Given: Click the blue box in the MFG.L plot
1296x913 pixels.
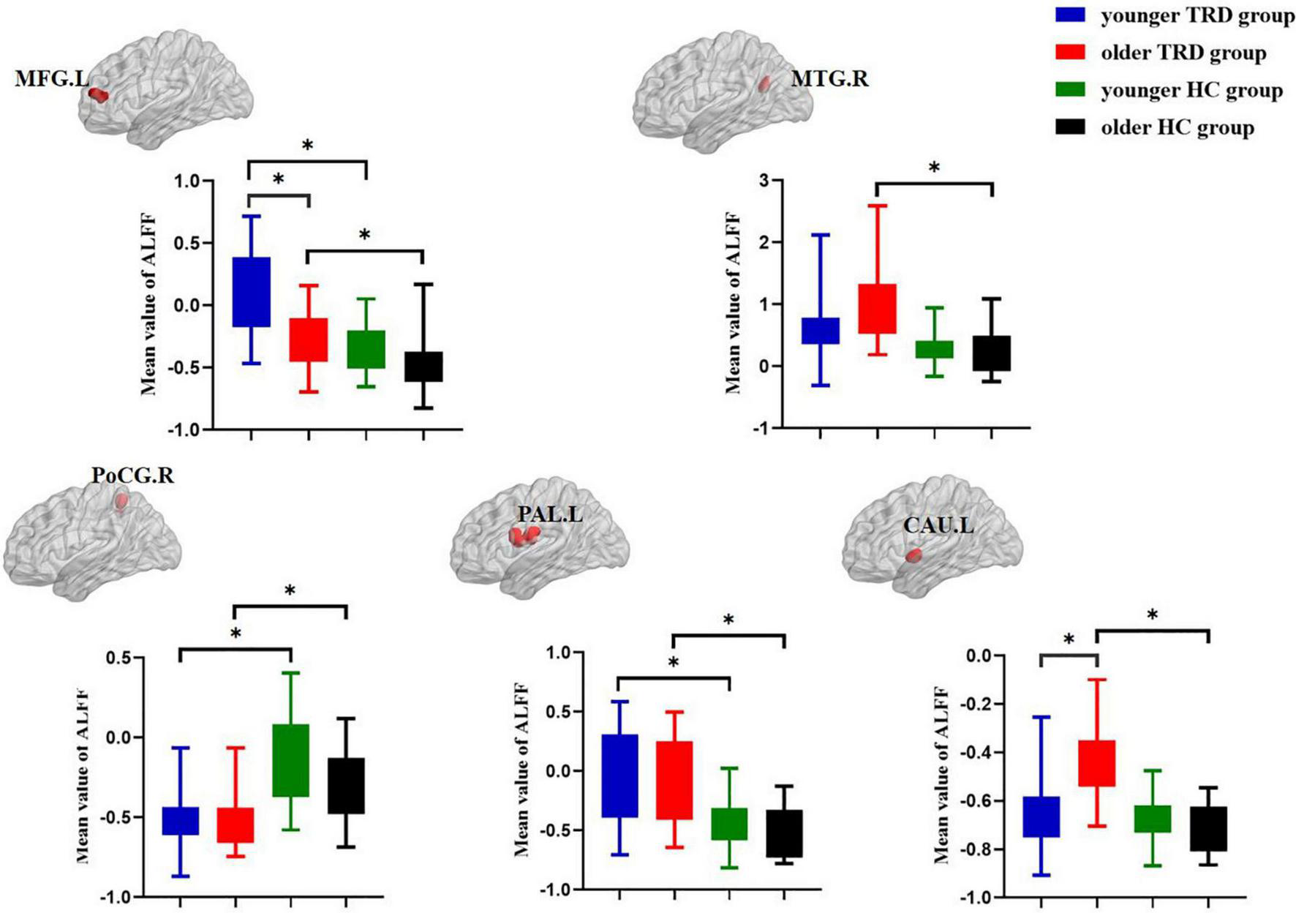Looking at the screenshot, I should tap(251, 292).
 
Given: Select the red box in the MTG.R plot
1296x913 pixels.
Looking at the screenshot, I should tap(878, 308).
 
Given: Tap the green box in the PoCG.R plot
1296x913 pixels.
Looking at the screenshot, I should tap(291, 760).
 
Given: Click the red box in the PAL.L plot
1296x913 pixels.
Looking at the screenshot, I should tap(674, 780).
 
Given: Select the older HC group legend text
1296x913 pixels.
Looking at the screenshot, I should tap(1178, 128).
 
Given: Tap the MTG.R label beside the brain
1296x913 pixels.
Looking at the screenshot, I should tap(829, 78).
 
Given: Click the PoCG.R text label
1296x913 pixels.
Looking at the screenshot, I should tap(133, 476).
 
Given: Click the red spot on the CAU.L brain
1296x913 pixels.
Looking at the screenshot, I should tap(913, 556).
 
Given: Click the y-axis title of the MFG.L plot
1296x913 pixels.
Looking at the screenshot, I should tap(148, 304).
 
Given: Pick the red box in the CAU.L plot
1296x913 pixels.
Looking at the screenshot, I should tap(1097, 763).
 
